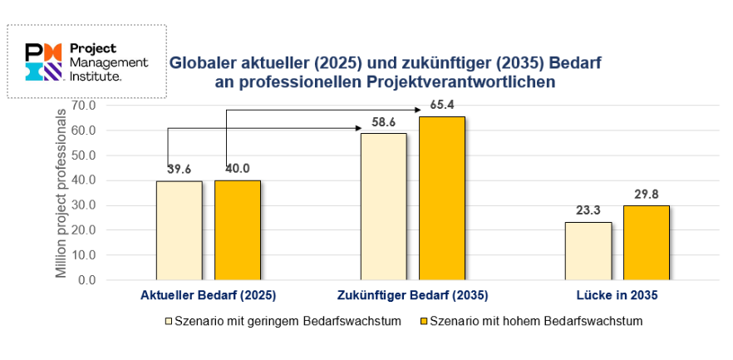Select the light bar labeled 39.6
[x=179, y=230]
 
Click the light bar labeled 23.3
[x=588, y=250]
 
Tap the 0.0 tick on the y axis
[x=87, y=280]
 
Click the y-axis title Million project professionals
[x=61, y=193]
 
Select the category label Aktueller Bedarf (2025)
[x=208, y=295]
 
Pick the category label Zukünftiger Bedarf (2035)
[x=413, y=295]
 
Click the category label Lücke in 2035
[x=617, y=295]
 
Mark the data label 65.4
[x=442, y=106]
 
